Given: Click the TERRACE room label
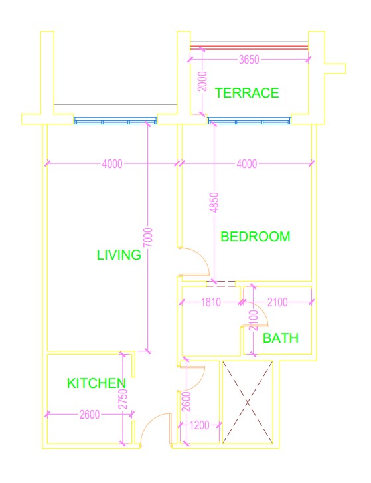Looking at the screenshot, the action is (x=247, y=93).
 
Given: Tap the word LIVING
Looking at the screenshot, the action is (x=119, y=254).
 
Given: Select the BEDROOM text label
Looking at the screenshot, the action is (x=256, y=237).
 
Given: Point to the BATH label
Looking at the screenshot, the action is (x=281, y=338).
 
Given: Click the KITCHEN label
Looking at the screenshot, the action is (x=97, y=383).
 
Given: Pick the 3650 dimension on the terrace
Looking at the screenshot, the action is (x=249, y=59).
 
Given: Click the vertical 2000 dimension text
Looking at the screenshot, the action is (x=202, y=81).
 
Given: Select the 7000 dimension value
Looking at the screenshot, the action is (x=148, y=237).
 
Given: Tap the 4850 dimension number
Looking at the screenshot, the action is (x=214, y=203).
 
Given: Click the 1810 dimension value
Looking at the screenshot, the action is (x=211, y=302).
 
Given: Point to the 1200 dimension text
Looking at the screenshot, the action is (x=199, y=425).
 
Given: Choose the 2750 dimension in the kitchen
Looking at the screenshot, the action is (x=123, y=399).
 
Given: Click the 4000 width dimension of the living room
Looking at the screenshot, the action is (x=112, y=164).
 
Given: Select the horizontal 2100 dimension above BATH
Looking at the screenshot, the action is (x=277, y=302).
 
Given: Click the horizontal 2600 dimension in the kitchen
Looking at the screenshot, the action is (x=90, y=415).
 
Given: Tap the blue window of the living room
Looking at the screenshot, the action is (x=115, y=120).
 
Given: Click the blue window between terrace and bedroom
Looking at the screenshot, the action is (x=250, y=120).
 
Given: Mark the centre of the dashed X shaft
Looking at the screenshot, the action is (x=248, y=403).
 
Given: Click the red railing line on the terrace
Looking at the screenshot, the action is (x=249, y=47).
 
